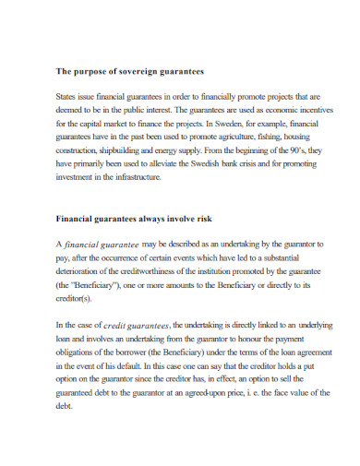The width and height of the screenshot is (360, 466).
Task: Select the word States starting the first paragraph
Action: point(67,95)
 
